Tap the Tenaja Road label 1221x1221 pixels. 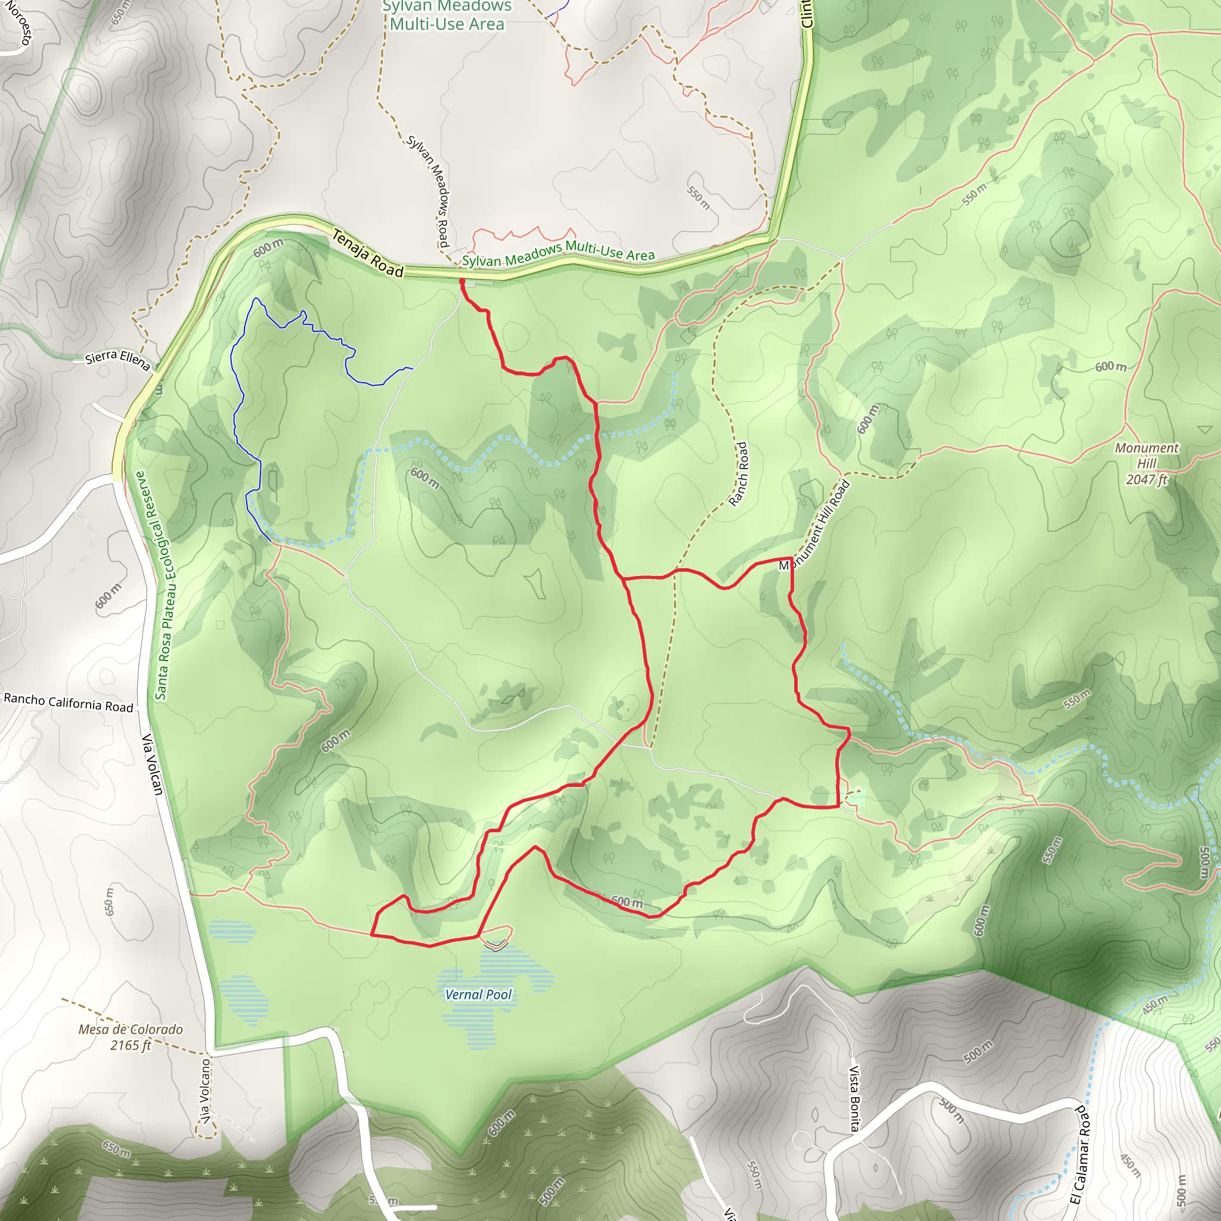point(368,253)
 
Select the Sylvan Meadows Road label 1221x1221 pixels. point(428,191)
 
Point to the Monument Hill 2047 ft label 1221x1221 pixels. point(1146,463)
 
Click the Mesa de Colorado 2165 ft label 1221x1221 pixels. point(131,1037)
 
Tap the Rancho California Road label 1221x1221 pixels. point(68,702)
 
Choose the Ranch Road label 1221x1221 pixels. point(738,474)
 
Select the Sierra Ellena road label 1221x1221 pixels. point(118,360)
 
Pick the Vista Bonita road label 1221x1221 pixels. point(854,1098)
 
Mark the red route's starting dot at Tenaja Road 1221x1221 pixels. point(462,281)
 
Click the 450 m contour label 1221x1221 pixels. point(1155,1004)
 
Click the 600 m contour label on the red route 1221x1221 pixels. point(627,902)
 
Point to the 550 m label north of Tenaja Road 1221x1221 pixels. point(698,197)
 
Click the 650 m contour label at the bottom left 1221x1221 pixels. point(117,1148)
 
